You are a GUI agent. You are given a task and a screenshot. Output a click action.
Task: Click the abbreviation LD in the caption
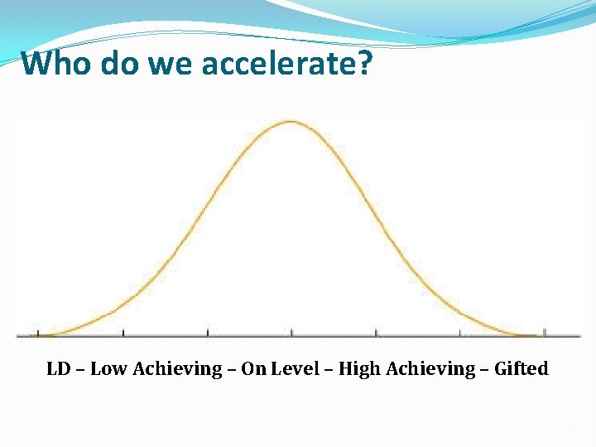[58, 368]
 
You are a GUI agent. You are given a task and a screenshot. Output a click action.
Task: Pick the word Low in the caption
[107, 368]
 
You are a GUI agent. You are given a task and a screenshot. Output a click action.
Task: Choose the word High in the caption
[359, 369]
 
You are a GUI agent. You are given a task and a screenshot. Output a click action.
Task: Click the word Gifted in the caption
[521, 368]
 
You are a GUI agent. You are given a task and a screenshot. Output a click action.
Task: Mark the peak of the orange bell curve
[291, 122]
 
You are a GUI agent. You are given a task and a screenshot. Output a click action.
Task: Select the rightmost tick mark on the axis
[544, 333]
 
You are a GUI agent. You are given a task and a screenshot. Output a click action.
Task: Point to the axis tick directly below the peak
[291, 333]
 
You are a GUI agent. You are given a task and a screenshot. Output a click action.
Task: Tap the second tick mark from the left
[123, 333]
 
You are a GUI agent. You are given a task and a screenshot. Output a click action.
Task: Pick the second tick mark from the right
[460, 333]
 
